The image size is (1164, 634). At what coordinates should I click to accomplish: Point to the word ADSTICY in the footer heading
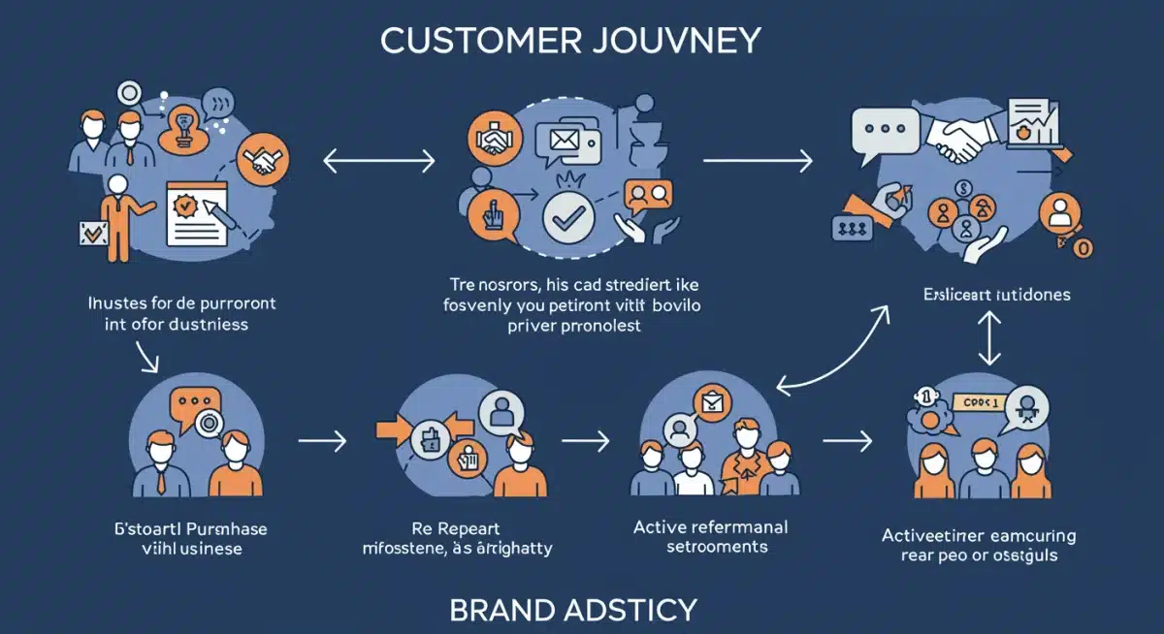[636, 610]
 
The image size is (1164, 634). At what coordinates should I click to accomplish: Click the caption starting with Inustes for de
[176, 313]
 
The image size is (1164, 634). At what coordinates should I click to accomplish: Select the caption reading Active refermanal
[710, 536]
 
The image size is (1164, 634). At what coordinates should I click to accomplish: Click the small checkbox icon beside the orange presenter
[93, 232]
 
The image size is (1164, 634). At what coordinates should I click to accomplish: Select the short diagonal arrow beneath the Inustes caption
[147, 358]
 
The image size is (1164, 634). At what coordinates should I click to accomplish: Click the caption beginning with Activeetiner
[978, 546]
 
